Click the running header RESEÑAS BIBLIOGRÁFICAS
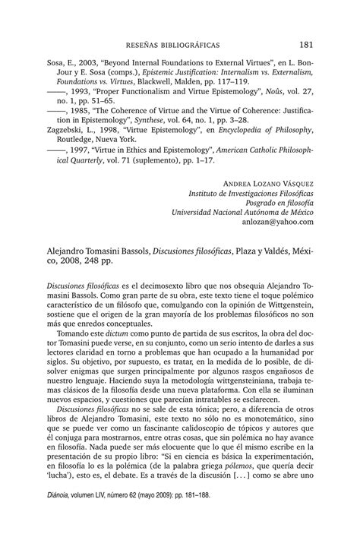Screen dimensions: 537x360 [180, 45]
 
